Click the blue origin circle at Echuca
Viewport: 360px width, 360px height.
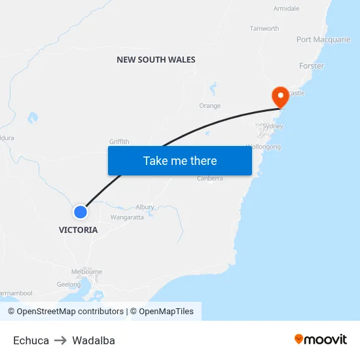[x=81, y=212]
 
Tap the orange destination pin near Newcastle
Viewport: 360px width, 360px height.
[x=281, y=97]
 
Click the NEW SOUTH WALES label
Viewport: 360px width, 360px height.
[x=156, y=60]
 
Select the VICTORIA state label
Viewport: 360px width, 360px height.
[x=78, y=230]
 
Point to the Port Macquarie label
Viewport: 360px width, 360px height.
[x=323, y=40]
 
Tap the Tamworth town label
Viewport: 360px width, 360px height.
[x=264, y=29]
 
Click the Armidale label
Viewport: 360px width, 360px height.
[x=286, y=9]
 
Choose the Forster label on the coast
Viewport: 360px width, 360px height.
[x=312, y=66]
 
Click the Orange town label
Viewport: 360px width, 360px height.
[x=209, y=106]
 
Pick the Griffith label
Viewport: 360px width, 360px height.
[x=119, y=141]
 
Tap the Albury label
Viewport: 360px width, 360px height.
[x=145, y=207]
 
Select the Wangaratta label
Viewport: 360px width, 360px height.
[x=127, y=217]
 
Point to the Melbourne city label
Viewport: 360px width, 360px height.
[x=86, y=272]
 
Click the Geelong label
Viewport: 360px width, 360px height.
[x=69, y=285]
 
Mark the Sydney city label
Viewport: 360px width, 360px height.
[x=272, y=126]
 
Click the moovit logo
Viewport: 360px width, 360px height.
[x=321, y=340]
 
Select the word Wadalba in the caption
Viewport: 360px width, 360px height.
[x=94, y=340]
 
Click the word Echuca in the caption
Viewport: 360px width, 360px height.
[x=31, y=340]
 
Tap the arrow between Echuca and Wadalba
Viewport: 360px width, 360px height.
[x=60, y=340]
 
